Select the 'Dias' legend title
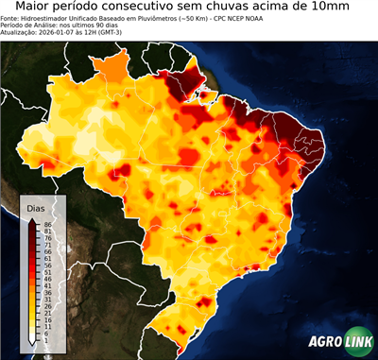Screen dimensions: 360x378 36,207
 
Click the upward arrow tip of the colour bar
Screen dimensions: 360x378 32,219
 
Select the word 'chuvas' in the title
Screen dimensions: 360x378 244,8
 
